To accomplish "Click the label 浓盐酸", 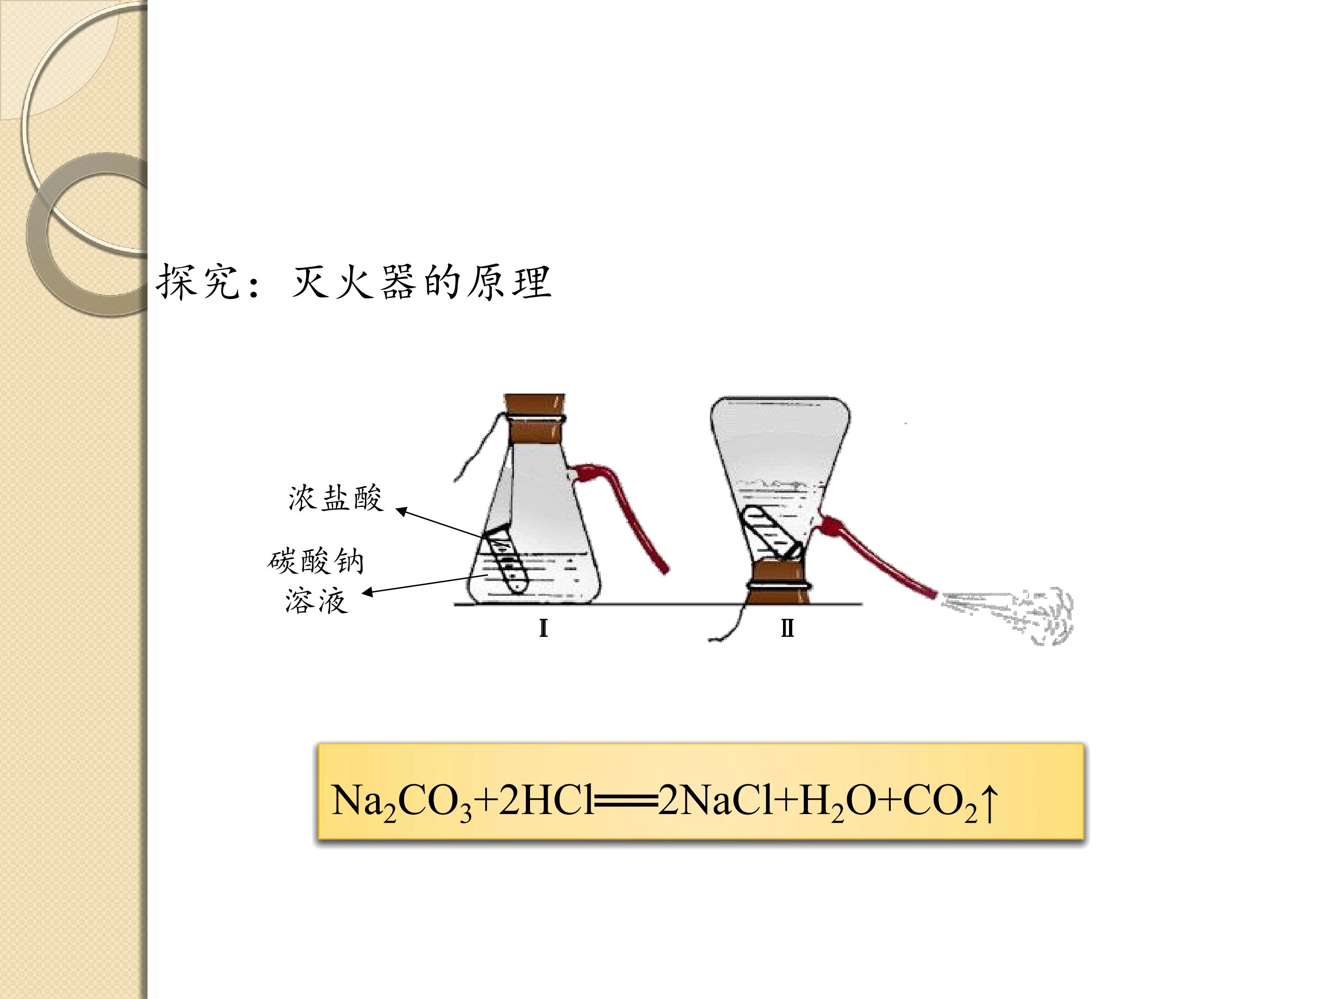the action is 335,499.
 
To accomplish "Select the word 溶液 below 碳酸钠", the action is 317,600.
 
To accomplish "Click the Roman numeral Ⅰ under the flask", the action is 543,629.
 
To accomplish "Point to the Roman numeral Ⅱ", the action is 787,629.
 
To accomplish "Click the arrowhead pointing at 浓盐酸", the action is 401,511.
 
